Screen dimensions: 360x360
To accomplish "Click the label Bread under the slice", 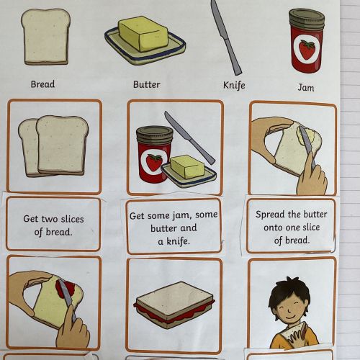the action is pyautogui.click(x=42, y=84).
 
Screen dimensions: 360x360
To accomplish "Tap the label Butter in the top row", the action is pyautogui.click(x=146, y=84).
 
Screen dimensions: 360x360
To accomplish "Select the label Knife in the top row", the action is pyautogui.click(x=234, y=85).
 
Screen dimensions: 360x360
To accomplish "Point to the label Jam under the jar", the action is pyautogui.click(x=306, y=87).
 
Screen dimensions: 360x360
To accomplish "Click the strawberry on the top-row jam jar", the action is pyautogui.click(x=307, y=49).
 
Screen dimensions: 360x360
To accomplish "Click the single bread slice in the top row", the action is pyautogui.click(x=45, y=37).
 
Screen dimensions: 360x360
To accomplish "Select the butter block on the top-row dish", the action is pyautogui.click(x=143, y=34).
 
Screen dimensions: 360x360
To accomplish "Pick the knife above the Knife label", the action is pyautogui.click(x=226, y=37).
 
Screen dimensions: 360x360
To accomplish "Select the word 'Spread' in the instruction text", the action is pyautogui.click(x=267, y=215).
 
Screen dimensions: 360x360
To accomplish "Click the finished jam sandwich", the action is pyautogui.click(x=174, y=305).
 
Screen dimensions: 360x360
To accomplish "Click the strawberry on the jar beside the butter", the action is pyautogui.click(x=153, y=163).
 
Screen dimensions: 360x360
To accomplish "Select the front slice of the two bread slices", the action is pyautogui.click(x=62, y=145).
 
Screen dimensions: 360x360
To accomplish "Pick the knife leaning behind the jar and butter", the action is pyautogui.click(x=189, y=138).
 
